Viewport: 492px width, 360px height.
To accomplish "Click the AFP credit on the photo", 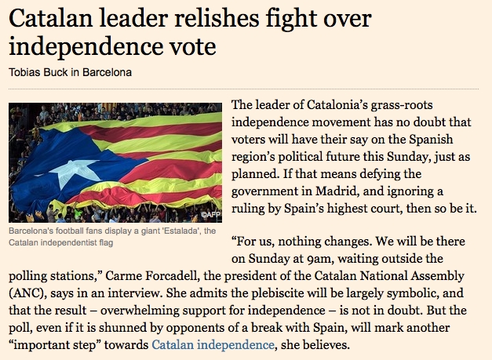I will [x=211, y=214].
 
